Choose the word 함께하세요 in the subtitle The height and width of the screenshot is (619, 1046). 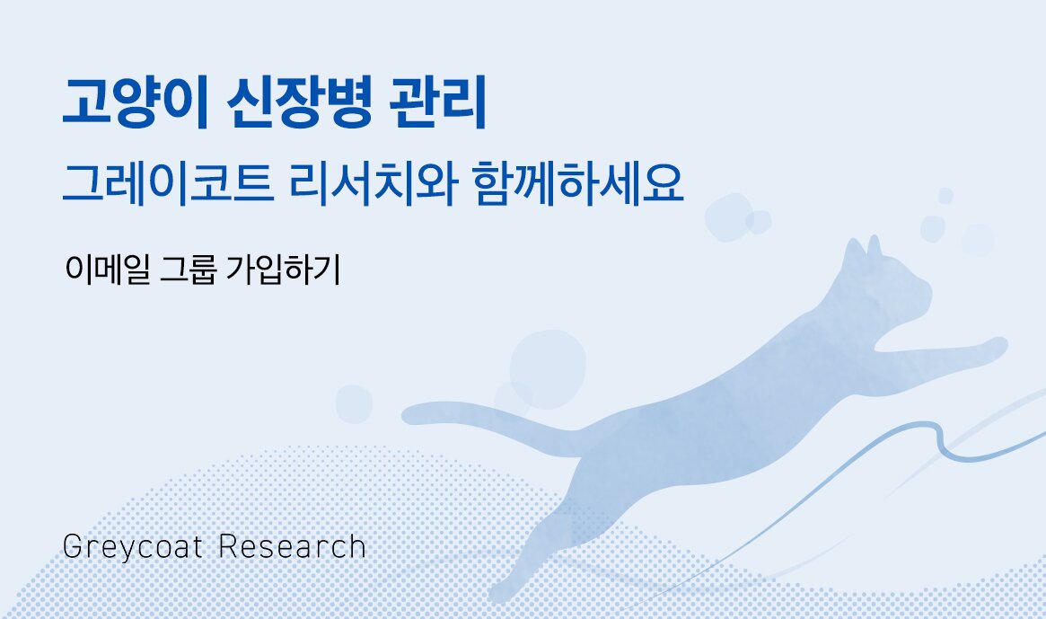tap(577, 184)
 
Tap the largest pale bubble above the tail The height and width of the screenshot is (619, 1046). tap(547, 368)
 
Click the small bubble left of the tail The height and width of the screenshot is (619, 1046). tap(354, 403)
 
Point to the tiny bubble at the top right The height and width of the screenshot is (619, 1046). tap(945, 196)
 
